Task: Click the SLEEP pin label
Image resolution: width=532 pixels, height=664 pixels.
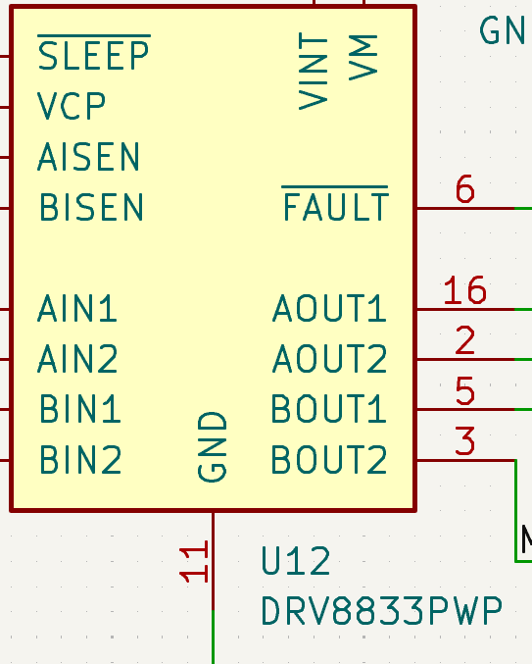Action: point(93,56)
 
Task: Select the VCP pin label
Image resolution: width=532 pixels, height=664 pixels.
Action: point(72,106)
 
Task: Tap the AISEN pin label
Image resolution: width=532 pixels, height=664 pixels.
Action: point(89,157)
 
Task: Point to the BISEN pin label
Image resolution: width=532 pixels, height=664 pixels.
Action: point(91,208)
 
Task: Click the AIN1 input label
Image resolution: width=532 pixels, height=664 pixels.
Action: point(77,309)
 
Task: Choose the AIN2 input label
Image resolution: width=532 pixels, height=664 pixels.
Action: point(77,360)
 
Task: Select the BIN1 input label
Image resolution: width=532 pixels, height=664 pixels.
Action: point(79,410)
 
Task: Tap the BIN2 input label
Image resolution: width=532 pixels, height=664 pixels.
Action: point(79,460)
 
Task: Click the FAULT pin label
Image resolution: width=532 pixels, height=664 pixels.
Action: point(335,207)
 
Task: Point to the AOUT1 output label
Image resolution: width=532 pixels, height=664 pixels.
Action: point(329,309)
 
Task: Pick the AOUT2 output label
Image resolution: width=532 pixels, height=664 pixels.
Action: point(329,360)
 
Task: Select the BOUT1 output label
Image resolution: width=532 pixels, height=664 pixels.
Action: point(329,410)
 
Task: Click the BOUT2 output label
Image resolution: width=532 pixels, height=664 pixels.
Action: point(329,460)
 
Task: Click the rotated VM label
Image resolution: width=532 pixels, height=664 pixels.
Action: point(363,57)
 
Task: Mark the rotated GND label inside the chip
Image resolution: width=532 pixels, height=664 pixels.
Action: point(213,446)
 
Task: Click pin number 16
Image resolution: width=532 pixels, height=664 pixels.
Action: point(464,291)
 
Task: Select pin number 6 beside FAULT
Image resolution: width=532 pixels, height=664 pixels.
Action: point(464,189)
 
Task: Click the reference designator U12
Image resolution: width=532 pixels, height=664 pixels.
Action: point(295,562)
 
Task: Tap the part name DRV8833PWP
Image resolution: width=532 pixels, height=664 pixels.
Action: point(381,612)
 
